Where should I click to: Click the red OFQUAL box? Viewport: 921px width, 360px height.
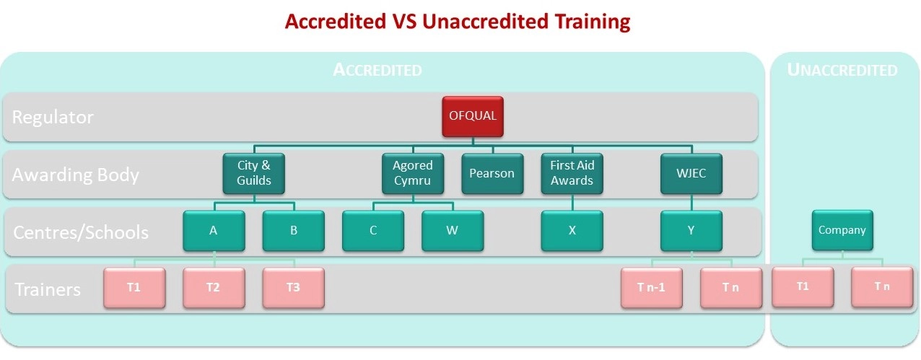pyautogui.click(x=473, y=117)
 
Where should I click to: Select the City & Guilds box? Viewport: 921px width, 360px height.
pyautogui.click(x=253, y=173)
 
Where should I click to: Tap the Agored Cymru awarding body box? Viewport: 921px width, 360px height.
pyautogui.click(x=413, y=173)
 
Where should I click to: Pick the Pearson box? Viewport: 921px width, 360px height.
pyautogui.click(x=492, y=173)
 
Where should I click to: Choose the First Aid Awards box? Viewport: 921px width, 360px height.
pyautogui.click(x=572, y=173)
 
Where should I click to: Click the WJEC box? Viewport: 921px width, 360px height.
pyautogui.click(x=691, y=173)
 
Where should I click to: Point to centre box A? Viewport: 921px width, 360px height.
pyautogui.click(x=214, y=231)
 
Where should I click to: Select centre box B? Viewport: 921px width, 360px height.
pyautogui.click(x=294, y=231)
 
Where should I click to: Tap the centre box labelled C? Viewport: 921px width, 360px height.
pyautogui.click(x=373, y=231)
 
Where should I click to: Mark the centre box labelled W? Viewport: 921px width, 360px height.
pyautogui.click(x=453, y=231)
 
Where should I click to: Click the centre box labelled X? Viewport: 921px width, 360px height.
pyautogui.click(x=572, y=231)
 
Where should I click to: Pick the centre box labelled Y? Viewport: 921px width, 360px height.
pyautogui.click(x=691, y=231)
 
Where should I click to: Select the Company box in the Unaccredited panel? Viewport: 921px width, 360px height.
pyautogui.click(x=842, y=230)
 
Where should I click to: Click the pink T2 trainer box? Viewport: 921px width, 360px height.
pyautogui.click(x=214, y=288)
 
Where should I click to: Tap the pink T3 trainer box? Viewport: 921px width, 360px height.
pyautogui.click(x=294, y=288)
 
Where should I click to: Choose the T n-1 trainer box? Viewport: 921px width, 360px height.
pyautogui.click(x=652, y=288)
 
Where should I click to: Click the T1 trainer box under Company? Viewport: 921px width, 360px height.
pyautogui.click(x=803, y=287)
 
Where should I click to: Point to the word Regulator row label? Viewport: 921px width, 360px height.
pyautogui.click(x=53, y=117)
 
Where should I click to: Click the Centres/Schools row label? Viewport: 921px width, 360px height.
pyautogui.click(x=81, y=232)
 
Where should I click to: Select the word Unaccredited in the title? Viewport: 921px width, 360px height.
pyautogui.click(x=485, y=22)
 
